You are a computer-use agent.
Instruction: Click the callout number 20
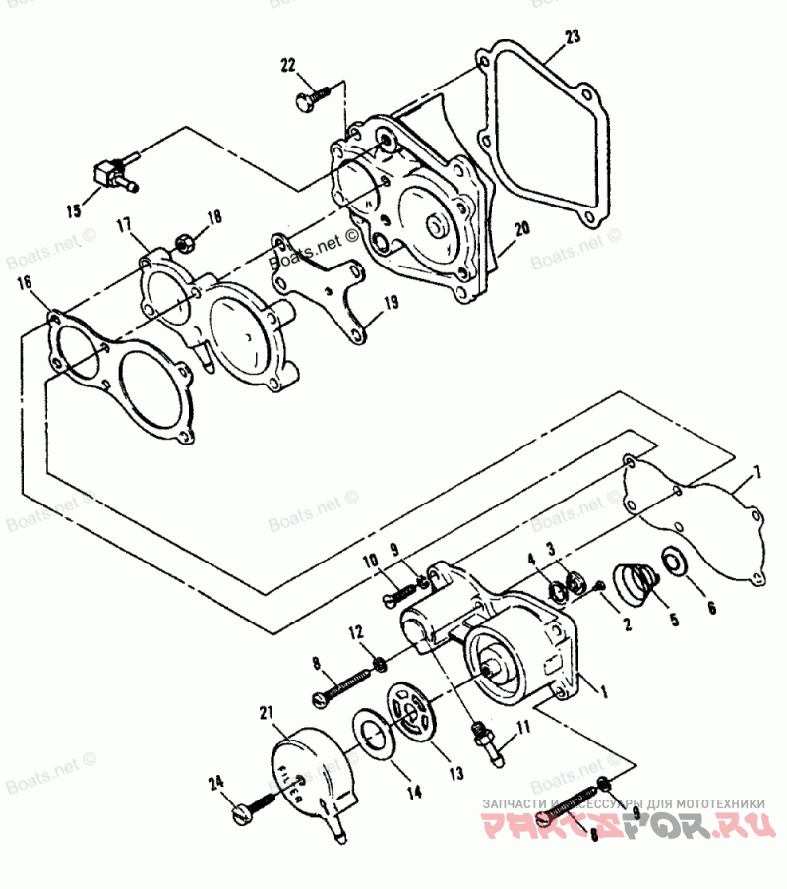coord(521,227)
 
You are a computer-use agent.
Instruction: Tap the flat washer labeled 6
coord(677,562)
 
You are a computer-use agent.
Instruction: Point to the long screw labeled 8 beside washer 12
coord(343,684)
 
